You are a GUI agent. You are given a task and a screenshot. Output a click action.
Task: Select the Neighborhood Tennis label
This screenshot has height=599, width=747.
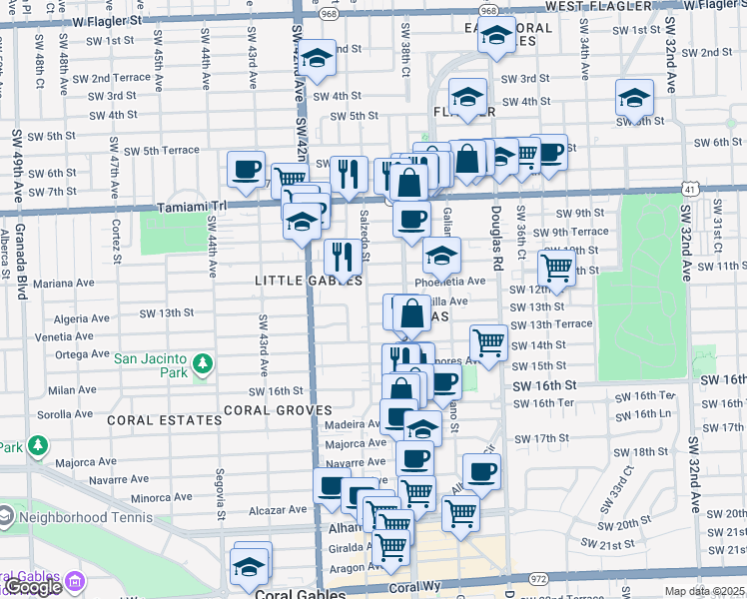tap(88, 517)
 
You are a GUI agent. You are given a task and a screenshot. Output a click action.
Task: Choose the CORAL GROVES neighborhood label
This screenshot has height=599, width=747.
tap(277, 409)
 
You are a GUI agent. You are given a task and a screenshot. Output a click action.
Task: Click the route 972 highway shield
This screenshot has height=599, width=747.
tap(538, 578)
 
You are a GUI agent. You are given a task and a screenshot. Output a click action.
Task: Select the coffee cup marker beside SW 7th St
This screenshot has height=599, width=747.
tap(246, 170)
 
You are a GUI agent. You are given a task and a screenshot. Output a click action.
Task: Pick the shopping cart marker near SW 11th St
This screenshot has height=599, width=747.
tap(556, 267)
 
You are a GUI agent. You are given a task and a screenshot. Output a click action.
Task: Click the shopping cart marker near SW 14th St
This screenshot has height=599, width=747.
tap(488, 342)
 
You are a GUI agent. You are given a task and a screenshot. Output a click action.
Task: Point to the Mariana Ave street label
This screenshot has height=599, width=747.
tap(64, 283)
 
